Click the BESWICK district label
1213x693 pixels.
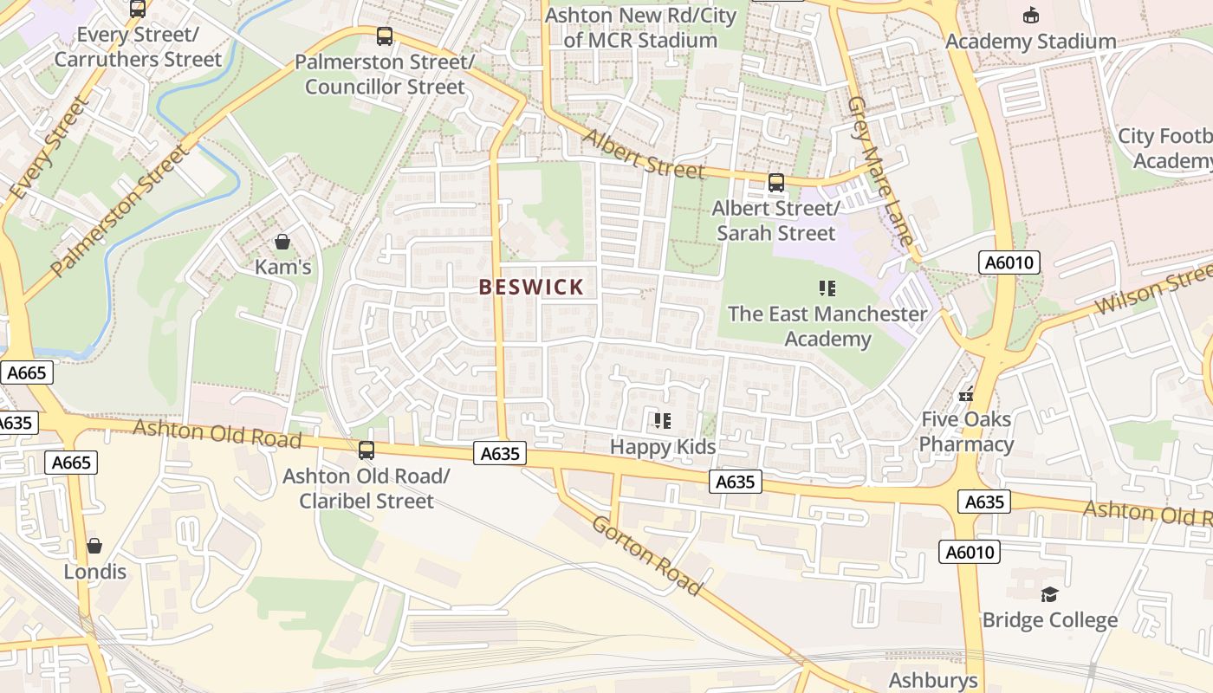532,288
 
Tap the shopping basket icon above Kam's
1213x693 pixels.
282,242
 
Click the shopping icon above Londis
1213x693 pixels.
94,546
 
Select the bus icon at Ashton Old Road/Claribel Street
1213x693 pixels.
366,450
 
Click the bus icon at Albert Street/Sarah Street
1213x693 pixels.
775,183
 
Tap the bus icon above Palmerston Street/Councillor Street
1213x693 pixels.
385,36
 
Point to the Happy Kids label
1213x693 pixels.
663,447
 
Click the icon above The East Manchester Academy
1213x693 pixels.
827,288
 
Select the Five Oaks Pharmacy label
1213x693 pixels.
966,432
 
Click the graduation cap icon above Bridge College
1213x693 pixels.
1049,594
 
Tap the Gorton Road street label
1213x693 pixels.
646,554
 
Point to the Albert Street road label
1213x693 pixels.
643,154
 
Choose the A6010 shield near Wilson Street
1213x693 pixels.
1009,262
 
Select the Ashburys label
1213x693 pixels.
933,680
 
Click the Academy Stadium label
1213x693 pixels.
1030,42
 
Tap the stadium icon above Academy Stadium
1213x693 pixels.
1030,15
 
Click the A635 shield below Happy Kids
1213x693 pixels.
736,482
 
